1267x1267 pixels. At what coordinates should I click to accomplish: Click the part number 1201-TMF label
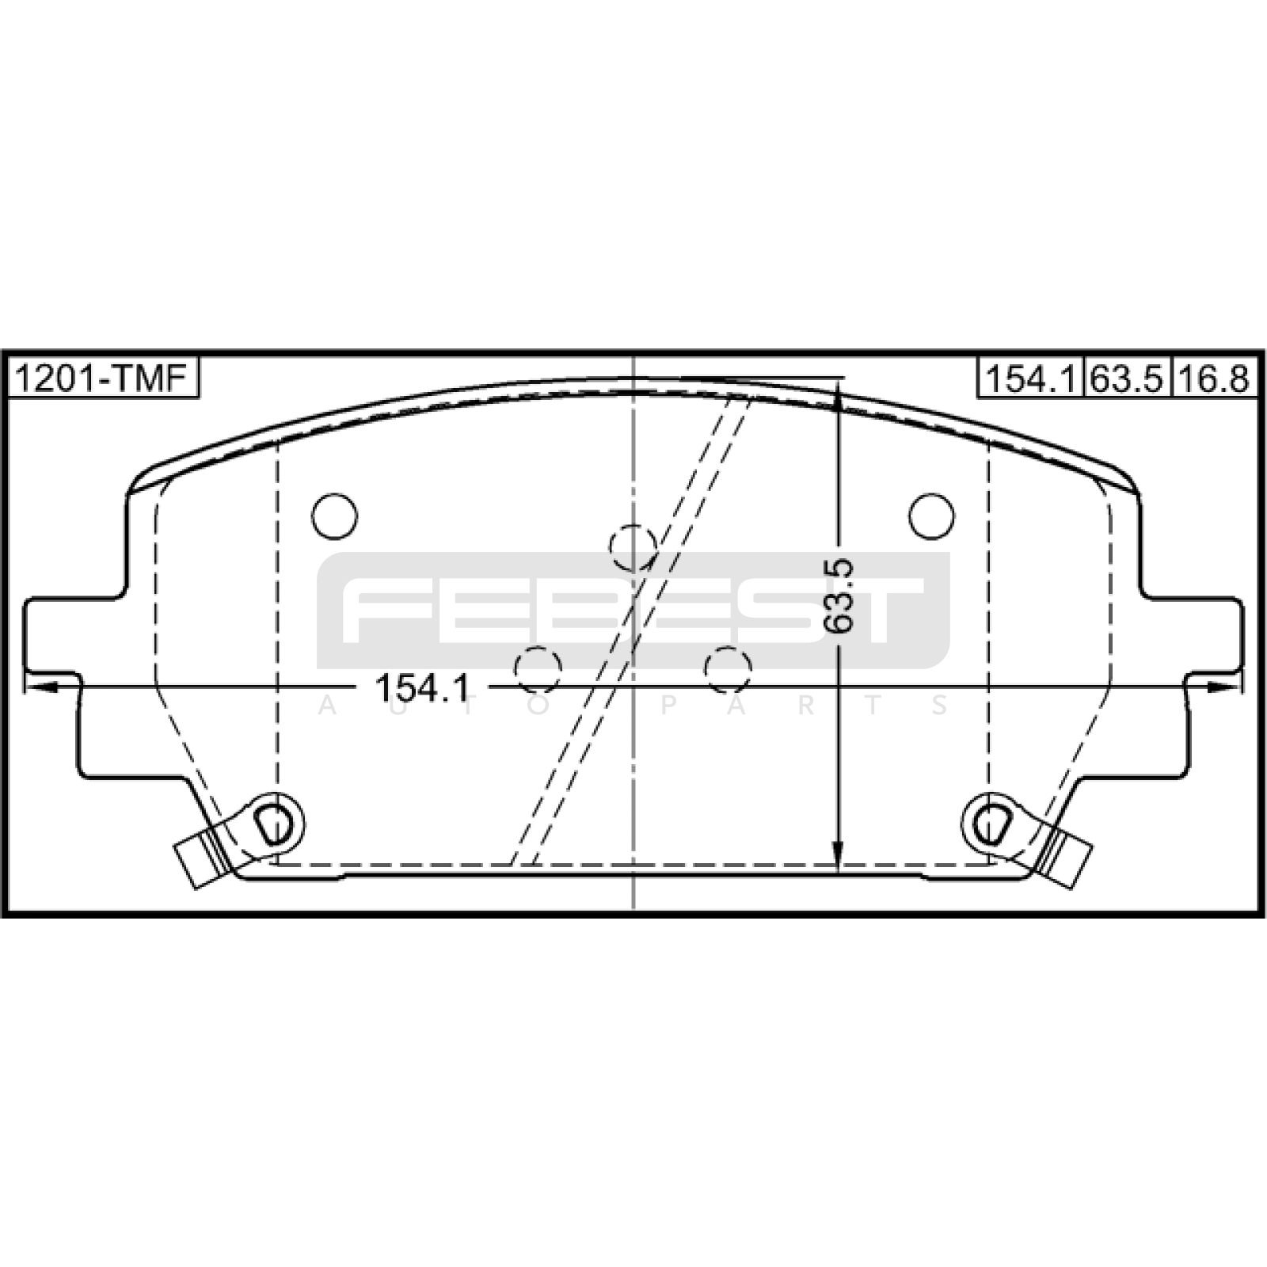click(101, 379)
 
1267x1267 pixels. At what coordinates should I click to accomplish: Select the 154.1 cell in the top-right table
click(1031, 379)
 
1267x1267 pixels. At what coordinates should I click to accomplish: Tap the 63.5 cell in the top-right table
click(1128, 379)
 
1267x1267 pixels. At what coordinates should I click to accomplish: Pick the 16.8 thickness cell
click(1214, 379)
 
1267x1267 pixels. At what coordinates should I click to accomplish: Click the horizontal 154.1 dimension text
click(422, 687)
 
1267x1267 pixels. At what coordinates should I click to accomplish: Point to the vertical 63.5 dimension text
click(839, 595)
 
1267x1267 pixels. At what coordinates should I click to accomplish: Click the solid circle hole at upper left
click(334, 516)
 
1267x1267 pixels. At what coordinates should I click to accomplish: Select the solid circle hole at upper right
click(931, 516)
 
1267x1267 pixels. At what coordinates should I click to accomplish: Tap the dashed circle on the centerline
click(633, 547)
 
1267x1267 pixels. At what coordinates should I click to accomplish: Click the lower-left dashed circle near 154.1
click(538, 670)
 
